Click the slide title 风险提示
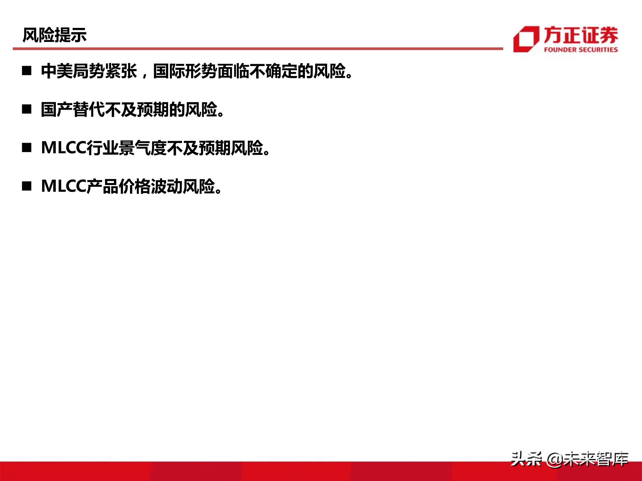[55, 35]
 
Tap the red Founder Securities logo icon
[526, 39]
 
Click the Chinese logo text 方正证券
[581, 35]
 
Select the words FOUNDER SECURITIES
[581, 50]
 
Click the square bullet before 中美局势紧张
[27, 71]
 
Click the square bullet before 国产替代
[27, 109]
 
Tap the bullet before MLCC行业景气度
[27, 148]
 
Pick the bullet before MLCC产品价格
[27, 186]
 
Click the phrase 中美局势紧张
[89, 71]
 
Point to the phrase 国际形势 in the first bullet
[185, 71]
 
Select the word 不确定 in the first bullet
[273, 71]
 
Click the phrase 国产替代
[73, 109]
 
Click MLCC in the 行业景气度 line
[64, 148]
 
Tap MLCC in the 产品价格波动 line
[64, 186]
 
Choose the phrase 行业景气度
[126, 148]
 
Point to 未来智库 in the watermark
[595, 459]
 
